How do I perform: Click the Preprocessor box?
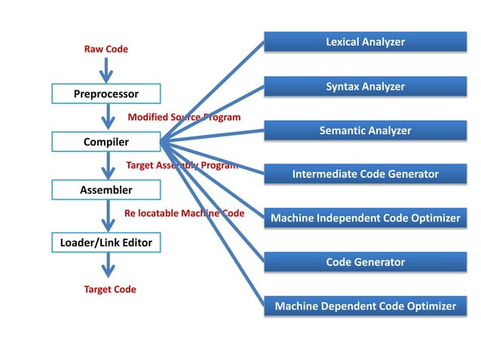(106, 94)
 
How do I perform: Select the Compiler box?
(106, 142)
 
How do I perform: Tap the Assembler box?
(106, 190)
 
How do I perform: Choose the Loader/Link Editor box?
(106, 243)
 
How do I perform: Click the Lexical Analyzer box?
(365, 42)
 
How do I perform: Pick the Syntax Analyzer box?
(365, 87)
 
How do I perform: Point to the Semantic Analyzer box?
(365, 130)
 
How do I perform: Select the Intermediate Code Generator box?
(365, 174)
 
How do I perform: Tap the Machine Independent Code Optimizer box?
(365, 218)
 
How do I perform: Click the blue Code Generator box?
(365, 262)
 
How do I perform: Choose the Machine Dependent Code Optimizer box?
(365, 306)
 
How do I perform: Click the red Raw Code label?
(106, 49)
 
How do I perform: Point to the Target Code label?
(110, 289)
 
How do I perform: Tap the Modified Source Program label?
(184, 117)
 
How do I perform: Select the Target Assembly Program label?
(182, 165)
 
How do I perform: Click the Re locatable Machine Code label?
(184, 213)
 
